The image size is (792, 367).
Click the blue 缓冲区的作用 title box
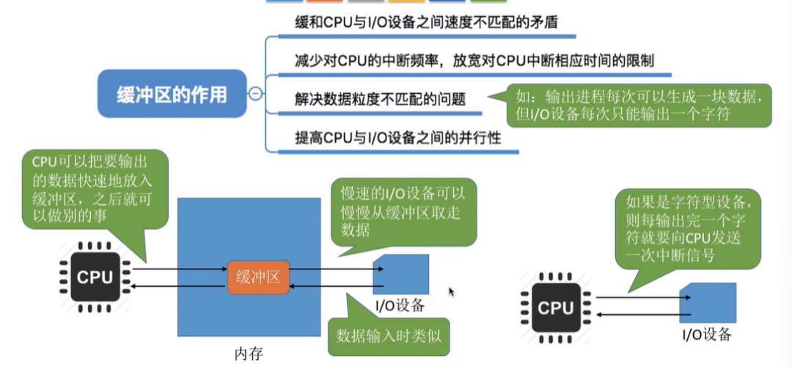coord(172,93)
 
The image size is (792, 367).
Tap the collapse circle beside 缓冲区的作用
coord(255,94)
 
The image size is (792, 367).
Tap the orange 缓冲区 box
coord(258,277)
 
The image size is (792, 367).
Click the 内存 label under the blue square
coord(249,354)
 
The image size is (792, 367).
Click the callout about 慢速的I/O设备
coord(403,210)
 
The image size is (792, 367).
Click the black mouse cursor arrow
coord(452,292)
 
